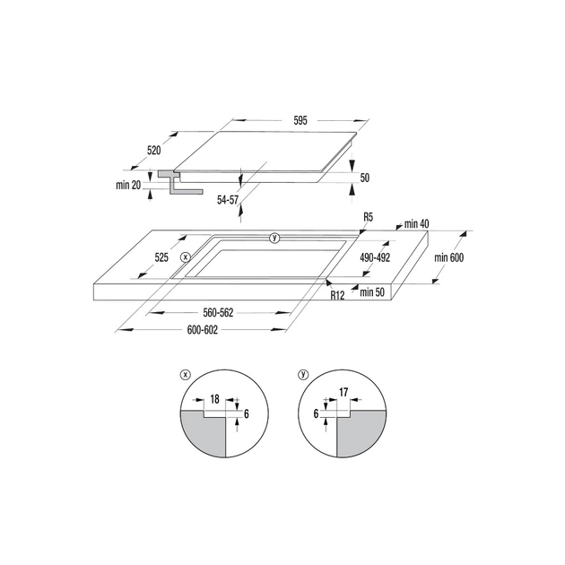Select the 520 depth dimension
coord(154,151)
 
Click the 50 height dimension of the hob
coord(365,178)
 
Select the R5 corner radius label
coord(368,217)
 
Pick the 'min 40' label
coord(418,223)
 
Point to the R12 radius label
coord(337,294)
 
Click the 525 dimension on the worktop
coord(161,257)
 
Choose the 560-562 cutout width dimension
coord(219,313)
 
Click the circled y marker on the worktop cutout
coord(274,238)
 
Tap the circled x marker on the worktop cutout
coord(185,256)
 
